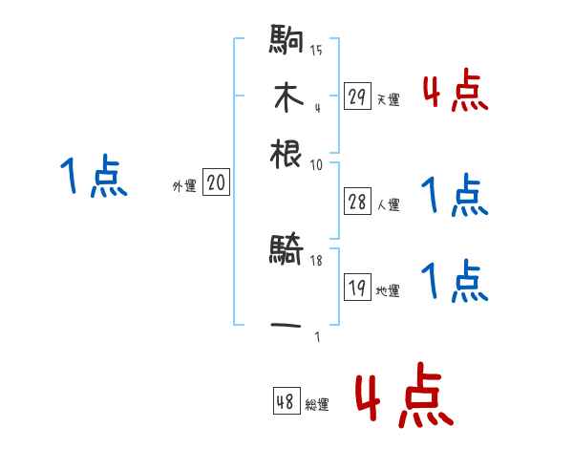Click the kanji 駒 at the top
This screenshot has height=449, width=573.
[x=286, y=43]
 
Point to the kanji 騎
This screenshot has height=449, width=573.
[x=286, y=252]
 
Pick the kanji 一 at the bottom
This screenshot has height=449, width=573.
[x=286, y=325]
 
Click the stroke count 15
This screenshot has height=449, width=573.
[x=316, y=51]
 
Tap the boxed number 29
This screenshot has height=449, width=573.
[x=357, y=96]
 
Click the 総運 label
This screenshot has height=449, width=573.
[x=317, y=405]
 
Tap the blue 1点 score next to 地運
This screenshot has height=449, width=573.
[x=455, y=281]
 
